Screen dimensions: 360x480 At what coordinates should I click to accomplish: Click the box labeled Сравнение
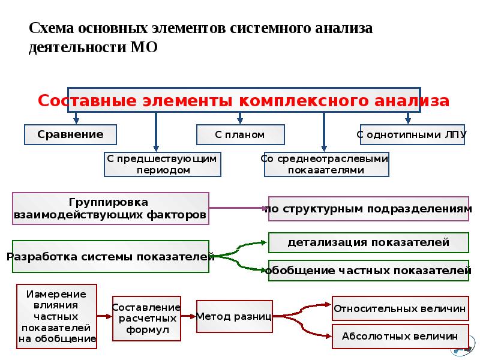click(70, 134)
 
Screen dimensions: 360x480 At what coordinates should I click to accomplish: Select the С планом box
click(240, 134)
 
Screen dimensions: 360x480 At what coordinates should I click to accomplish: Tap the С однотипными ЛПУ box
click(411, 134)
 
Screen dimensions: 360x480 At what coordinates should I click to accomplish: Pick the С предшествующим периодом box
click(163, 164)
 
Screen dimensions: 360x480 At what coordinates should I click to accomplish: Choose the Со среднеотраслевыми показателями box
click(326, 164)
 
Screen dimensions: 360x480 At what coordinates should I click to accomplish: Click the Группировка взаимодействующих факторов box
click(111, 208)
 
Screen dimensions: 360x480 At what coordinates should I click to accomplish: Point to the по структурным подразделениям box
click(368, 209)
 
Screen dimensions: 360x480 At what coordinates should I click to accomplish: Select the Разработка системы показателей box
click(111, 257)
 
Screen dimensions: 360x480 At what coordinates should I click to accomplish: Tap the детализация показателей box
click(368, 242)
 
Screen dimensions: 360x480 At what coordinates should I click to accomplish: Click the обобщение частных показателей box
click(368, 270)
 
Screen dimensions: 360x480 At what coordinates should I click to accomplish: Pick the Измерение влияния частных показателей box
click(57, 317)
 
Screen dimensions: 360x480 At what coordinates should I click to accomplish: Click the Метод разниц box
click(235, 316)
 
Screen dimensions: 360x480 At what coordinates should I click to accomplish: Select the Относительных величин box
click(400, 308)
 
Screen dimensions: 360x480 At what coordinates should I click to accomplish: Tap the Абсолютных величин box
click(400, 336)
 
